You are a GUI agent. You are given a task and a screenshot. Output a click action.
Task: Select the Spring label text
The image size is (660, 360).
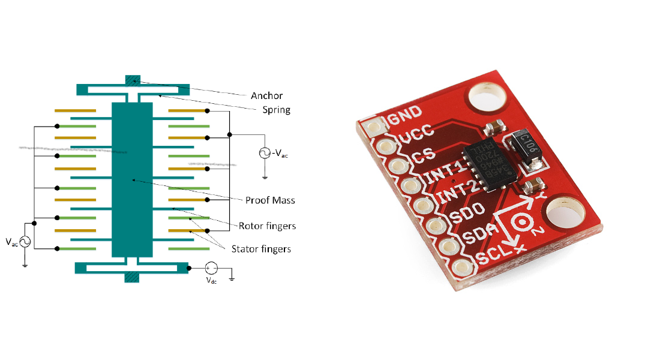pos(277,110)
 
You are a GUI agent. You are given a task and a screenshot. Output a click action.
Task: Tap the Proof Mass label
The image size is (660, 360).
pos(270,200)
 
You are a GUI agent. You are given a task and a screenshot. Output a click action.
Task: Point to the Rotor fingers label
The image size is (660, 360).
pos(267,226)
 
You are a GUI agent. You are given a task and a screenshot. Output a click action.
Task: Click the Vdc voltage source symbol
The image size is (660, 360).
pos(211,269)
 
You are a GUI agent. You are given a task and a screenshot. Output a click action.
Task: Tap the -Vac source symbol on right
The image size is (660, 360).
pos(263,153)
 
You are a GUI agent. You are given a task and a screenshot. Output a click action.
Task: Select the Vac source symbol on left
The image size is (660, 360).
pos(25,242)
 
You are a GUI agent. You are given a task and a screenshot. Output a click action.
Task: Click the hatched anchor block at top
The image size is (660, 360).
pos(133,80)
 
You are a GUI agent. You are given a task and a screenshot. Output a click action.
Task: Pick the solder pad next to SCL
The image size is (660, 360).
pos(461,268)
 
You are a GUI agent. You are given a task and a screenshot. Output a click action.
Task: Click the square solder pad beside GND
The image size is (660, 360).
pos(376,127)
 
